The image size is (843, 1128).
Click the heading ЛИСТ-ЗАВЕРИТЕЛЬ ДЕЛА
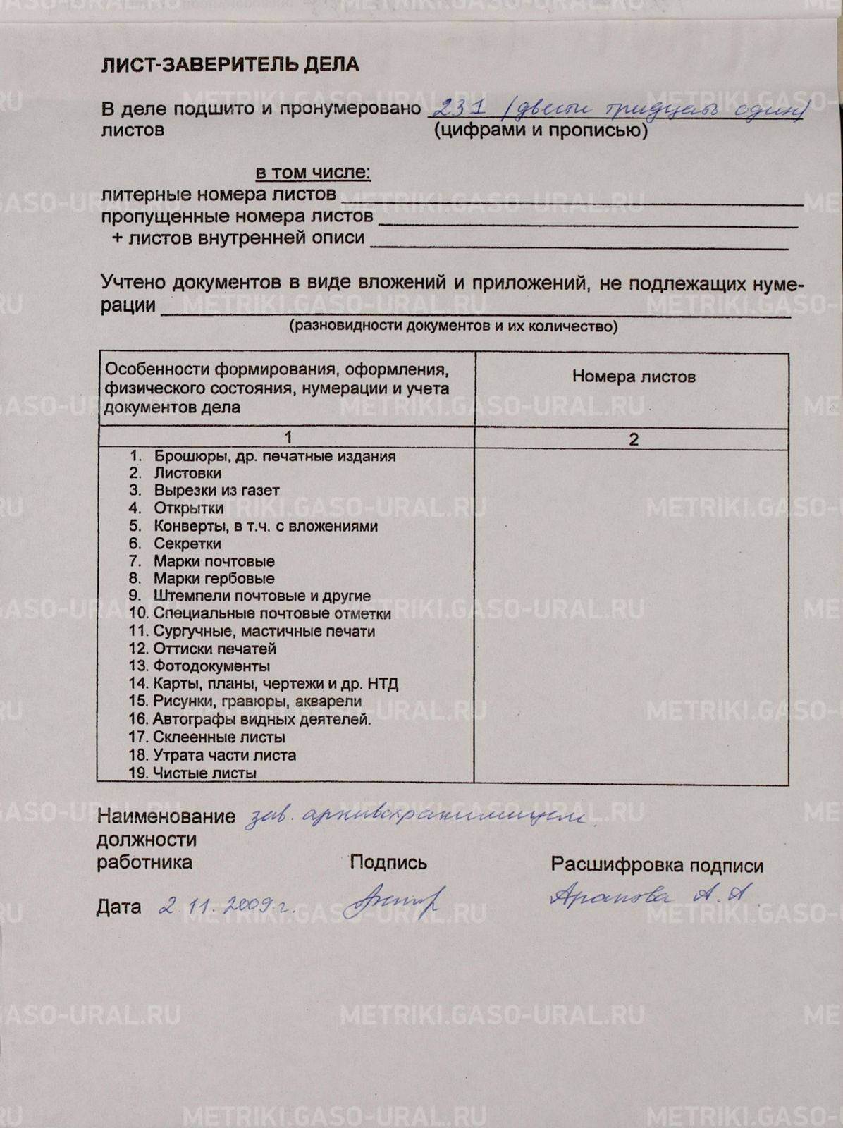click(x=230, y=65)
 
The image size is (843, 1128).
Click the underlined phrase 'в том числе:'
click(x=312, y=173)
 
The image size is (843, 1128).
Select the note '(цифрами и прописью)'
click(x=541, y=130)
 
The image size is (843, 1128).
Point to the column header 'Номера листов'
click(x=633, y=376)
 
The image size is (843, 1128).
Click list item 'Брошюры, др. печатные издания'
click(x=274, y=456)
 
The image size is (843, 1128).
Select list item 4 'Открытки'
click(x=188, y=508)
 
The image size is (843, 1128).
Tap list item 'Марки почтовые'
click(x=214, y=561)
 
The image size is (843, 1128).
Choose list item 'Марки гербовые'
click(x=214, y=579)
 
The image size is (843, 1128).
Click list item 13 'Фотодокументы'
click(x=211, y=666)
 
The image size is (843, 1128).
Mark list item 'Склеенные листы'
click(x=219, y=737)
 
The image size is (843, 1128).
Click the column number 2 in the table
click(x=633, y=439)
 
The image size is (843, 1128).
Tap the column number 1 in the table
click(x=286, y=438)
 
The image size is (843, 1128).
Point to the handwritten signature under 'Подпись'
click(x=395, y=901)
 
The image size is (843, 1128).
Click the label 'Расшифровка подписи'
click(x=657, y=866)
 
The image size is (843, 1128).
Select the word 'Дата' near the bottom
click(x=118, y=907)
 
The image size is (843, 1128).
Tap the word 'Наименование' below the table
click(x=166, y=817)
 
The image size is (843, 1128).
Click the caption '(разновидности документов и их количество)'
click(x=453, y=326)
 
